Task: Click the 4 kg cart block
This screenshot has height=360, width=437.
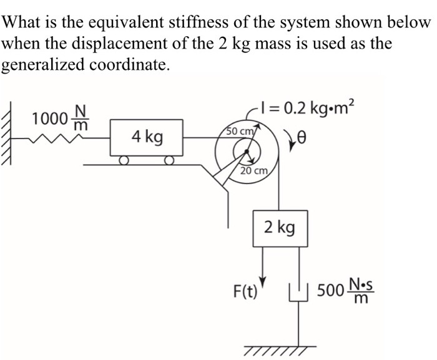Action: (x=147, y=137)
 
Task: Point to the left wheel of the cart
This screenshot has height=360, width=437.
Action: (x=125, y=161)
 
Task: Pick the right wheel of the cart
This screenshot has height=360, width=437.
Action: (x=169, y=161)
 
